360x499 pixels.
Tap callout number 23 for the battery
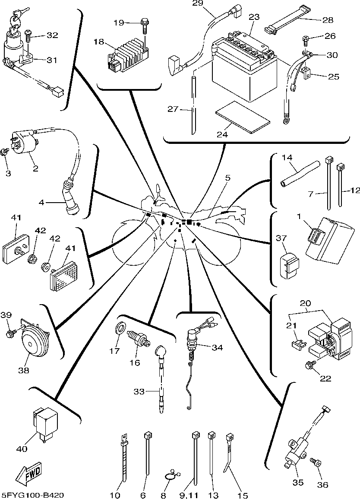255,17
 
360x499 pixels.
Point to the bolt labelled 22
309,366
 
